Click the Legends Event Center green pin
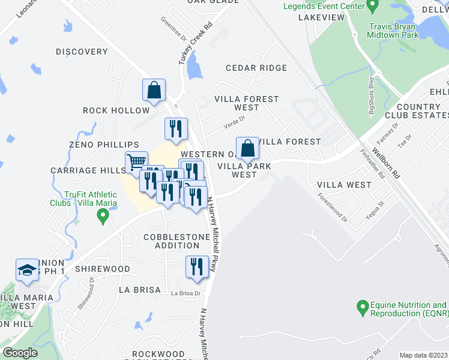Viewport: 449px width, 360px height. [372, 7]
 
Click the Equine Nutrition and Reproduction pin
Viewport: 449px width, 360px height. [362, 308]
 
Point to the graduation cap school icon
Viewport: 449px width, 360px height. [27, 270]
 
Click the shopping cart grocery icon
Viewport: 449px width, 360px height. [137, 161]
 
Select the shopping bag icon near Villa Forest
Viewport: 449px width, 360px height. [247, 148]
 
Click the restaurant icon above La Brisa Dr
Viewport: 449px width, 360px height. [197, 266]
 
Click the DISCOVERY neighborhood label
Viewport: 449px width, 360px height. [82, 52]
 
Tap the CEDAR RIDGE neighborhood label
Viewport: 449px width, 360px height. [256, 68]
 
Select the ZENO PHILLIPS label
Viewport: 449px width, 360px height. [104, 145]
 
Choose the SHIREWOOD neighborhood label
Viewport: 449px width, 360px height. [102, 269]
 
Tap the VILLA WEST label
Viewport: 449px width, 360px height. [344, 185]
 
